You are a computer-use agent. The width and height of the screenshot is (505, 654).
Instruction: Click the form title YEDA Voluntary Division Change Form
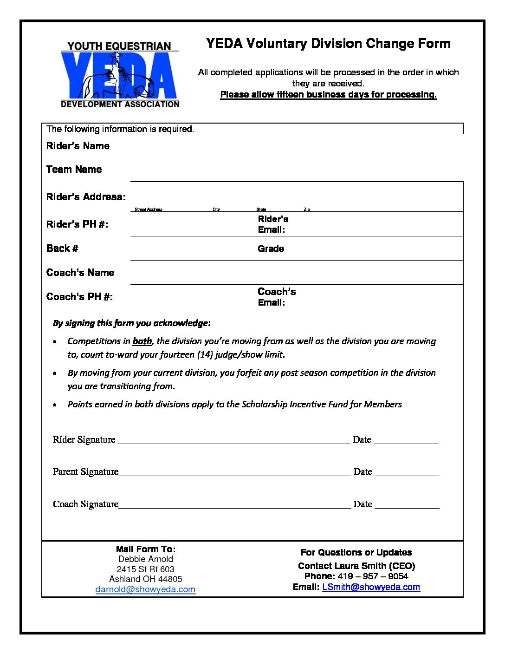coord(328,44)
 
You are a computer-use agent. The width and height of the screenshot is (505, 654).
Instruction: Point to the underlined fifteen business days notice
coord(328,95)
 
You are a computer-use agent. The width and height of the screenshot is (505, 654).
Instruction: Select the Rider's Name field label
coord(78,146)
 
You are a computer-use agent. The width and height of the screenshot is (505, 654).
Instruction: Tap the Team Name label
coord(74,170)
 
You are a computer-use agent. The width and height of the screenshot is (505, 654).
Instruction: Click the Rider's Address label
coord(86,197)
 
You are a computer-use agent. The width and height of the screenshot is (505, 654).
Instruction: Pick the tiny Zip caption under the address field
coord(307,209)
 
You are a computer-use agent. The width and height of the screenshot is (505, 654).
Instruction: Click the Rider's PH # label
coord(77,224)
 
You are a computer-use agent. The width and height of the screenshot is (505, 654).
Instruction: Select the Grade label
coord(271,249)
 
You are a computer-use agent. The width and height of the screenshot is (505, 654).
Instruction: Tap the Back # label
coord(62,249)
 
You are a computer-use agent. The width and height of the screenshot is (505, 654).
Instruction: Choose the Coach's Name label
coord(80,273)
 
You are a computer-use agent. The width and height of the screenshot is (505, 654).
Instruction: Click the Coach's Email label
coord(277,297)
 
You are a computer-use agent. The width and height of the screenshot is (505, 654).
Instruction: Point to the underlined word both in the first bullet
coord(142,341)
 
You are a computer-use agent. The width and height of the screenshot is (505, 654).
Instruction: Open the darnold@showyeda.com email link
coord(145,589)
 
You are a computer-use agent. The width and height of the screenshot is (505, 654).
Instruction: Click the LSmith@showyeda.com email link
coord(371,587)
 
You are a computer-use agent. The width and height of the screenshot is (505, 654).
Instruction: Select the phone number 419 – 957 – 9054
coord(373,576)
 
